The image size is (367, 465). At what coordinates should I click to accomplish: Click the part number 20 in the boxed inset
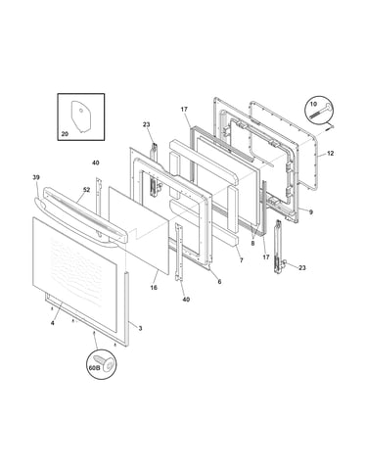pos(65,134)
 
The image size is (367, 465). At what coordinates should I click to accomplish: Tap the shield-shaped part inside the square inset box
pos(80,116)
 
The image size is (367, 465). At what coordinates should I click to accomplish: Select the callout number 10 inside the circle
pos(313,104)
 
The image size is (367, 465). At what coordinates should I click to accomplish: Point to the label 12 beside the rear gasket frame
pos(330,153)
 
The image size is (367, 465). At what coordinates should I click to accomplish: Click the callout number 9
pos(311,212)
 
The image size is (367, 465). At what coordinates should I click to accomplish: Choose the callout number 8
pos(252,243)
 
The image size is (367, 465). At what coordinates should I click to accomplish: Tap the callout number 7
pos(241,260)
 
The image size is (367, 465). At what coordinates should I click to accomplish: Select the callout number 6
pos(219,281)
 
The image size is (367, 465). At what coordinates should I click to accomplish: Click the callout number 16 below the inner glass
pos(154,287)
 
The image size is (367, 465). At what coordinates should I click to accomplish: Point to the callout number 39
pos(36,177)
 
